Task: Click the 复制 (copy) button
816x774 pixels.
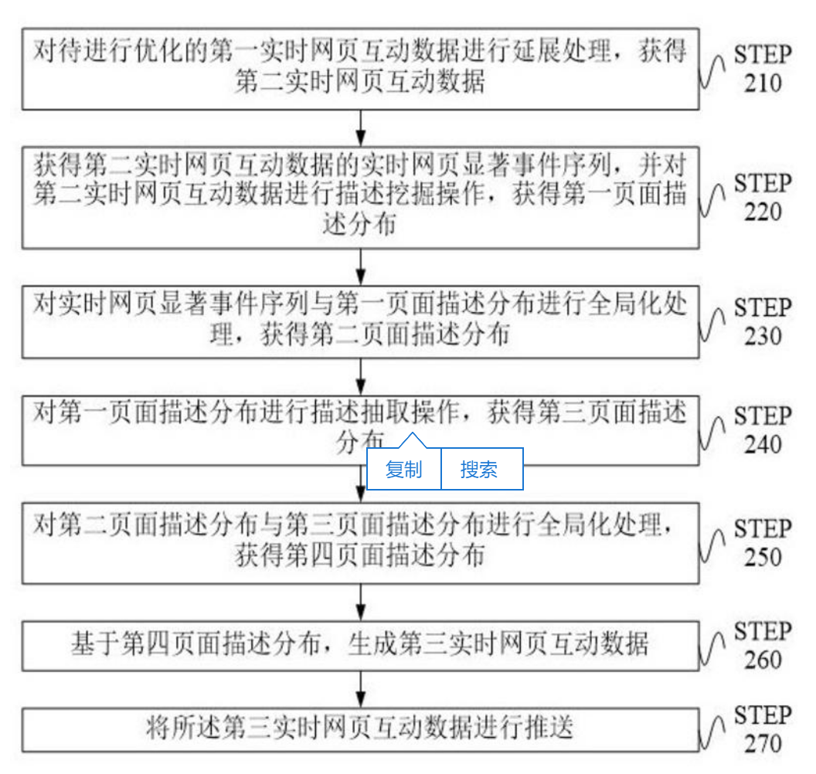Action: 403,469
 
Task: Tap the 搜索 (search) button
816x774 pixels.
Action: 479,469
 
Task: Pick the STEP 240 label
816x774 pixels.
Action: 762,430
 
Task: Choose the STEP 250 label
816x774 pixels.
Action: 762,543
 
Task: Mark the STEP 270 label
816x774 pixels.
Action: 762,729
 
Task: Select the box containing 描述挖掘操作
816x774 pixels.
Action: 360,196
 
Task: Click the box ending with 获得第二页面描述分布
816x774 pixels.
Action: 360,322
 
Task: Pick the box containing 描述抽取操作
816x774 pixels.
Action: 360,421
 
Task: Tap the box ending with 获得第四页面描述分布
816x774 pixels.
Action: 360,542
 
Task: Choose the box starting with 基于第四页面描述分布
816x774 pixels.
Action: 360,645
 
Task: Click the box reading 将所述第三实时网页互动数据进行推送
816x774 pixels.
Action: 360,728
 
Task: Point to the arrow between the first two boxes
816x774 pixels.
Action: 361,127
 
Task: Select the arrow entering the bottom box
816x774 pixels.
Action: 361,688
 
